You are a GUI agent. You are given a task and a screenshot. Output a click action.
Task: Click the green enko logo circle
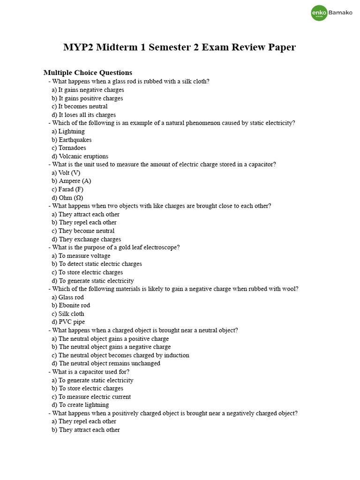(x=319, y=13)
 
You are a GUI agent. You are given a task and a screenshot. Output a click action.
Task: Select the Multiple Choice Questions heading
(x=88, y=73)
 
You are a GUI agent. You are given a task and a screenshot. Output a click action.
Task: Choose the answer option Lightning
(x=71, y=131)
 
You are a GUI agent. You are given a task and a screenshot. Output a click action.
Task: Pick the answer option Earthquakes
(x=75, y=140)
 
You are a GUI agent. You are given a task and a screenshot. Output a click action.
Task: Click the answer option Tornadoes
(x=72, y=148)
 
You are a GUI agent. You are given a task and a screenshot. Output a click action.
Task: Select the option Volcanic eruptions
(x=83, y=156)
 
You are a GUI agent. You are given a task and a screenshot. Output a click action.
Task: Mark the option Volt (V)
(x=69, y=172)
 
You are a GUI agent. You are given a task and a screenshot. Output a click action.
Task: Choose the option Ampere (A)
(x=75, y=181)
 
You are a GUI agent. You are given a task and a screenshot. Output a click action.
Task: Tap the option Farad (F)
(x=71, y=189)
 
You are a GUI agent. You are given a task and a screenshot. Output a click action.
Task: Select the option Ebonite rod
(x=74, y=305)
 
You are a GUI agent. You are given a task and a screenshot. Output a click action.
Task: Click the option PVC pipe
(x=72, y=322)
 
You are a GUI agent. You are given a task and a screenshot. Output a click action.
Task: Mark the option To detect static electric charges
(x=100, y=264)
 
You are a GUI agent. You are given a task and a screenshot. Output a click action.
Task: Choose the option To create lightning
(x=83, y=405)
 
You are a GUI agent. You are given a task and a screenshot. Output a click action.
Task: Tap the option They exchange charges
(x=90, y=239)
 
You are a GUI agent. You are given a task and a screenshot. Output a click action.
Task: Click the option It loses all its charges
(x=87, y=115)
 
